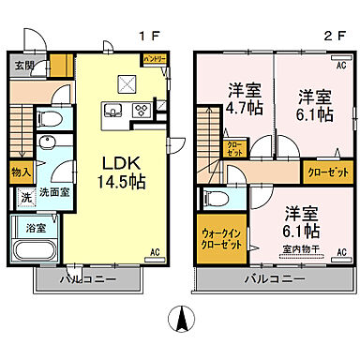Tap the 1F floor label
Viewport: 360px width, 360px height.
[x=150, y=37]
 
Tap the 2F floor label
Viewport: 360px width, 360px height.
[x=329, y=37]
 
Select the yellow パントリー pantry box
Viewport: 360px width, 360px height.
[x=155, y=59]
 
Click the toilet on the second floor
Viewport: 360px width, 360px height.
[x=214, y=198]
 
